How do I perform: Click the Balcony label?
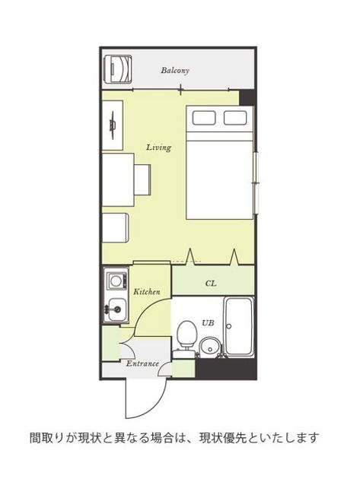tap(175, 71)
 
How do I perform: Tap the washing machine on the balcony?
tap(118, 69)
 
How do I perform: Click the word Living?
tap(158, 148)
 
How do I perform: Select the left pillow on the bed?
tap(204, 118)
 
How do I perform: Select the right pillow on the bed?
tap(235, 118)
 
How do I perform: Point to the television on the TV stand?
tap(113, 125)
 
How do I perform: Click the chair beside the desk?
tap(142, 179)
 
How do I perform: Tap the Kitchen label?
tap(147, 292)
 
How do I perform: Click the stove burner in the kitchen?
tap(116, 281)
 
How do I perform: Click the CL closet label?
tap(211, 284)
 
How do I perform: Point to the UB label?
tap(208, 322)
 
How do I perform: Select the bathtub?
tap(239, 327)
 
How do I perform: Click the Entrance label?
tap(142, 363)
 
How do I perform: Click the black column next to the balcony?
tap(247, 98)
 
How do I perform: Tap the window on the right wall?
tap(256, 182)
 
